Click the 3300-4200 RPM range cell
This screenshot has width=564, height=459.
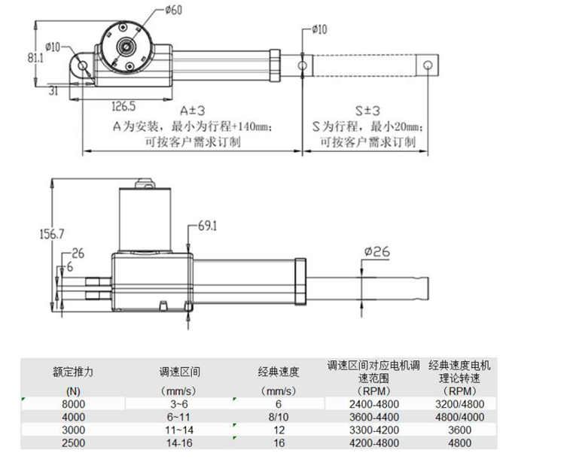coord(373,430)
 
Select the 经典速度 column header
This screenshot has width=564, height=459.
coord(279,371)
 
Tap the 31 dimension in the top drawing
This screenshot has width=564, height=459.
coord(53,90)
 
